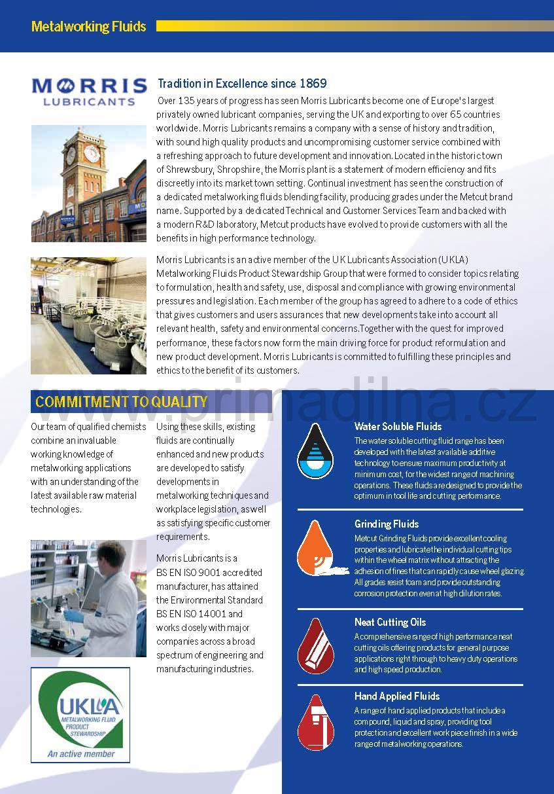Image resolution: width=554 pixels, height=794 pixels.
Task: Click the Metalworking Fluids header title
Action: pyautogui.click(x=88, y=27)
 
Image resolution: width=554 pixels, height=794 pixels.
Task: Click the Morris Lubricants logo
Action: pyautogui.click(x=89, y=91)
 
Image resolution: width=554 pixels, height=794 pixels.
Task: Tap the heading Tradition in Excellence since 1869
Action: pyautogui.click(x=242, y=84)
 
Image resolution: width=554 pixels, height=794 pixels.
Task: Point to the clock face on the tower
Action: pyautogui.click(x=91, y=153)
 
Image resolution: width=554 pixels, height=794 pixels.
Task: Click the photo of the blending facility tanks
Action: pyautogui.click(x=88, y=316)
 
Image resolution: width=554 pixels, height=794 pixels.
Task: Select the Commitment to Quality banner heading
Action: pyautogui.click(x=121, y=402)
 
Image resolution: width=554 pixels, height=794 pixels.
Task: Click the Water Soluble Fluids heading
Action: pyautogui.click(x=398, y=427)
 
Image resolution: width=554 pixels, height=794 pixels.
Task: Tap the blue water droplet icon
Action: pyautogui.click(x=315, y=451)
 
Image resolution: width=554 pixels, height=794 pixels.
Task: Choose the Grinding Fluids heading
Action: pyautogui.click(x=387, y=524)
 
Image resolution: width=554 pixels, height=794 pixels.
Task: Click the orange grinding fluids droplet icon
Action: pyautogui.click(x=315, y=548)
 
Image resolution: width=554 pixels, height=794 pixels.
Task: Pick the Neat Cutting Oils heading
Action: pyautogui.click(x=390, y=622)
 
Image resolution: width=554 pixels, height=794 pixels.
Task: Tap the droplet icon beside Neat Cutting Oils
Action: pyautogui.click(x=315, y=646)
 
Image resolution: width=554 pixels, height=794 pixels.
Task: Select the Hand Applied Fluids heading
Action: pyautogui.click(x=397, y=696)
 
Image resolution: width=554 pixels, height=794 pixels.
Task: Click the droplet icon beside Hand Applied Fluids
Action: pyautogui.click(x=315, y=722)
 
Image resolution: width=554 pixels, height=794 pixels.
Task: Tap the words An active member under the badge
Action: pyautogui.click(x=80, y=753)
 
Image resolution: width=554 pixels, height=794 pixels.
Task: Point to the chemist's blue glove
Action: pyautogui.click(x=74, y=617)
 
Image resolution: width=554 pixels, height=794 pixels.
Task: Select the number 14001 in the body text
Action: pyautogui.click(x=213, y=613)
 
